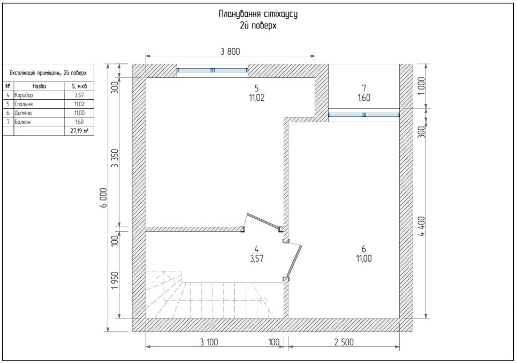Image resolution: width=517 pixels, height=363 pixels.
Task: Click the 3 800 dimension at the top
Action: [230, 51]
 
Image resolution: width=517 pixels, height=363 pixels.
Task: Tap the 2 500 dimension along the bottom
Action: [344, 342]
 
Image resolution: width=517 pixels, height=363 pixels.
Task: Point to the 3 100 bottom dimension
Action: [209, 342]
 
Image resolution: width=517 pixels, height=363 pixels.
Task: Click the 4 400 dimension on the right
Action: [421, 226]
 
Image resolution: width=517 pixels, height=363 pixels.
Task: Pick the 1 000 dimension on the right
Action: [421, 86]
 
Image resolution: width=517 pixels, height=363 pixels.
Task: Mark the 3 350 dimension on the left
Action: [115, 158]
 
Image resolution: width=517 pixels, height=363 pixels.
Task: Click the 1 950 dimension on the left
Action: [115, 280]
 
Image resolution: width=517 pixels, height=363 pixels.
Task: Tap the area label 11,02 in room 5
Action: [256, 98]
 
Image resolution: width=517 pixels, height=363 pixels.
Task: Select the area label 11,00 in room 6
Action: [364, 258]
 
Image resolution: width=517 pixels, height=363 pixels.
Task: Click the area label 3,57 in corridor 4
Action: [256, 258]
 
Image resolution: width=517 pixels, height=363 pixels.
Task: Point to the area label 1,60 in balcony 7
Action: [364, 98]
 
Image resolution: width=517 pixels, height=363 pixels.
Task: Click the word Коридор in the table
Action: [24, 95]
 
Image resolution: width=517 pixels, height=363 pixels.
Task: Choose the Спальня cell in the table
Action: [24, 104]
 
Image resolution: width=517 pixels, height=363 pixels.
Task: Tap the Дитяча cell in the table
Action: [23, 113]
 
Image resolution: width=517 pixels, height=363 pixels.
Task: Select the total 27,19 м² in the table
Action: [79, 131]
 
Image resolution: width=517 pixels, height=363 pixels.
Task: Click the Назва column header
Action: [39, 86]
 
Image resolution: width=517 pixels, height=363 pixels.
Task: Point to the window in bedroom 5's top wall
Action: [212, 70]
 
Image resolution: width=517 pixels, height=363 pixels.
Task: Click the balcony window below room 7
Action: [364, 115]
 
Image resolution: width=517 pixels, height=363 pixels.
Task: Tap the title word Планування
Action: [240, 14]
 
